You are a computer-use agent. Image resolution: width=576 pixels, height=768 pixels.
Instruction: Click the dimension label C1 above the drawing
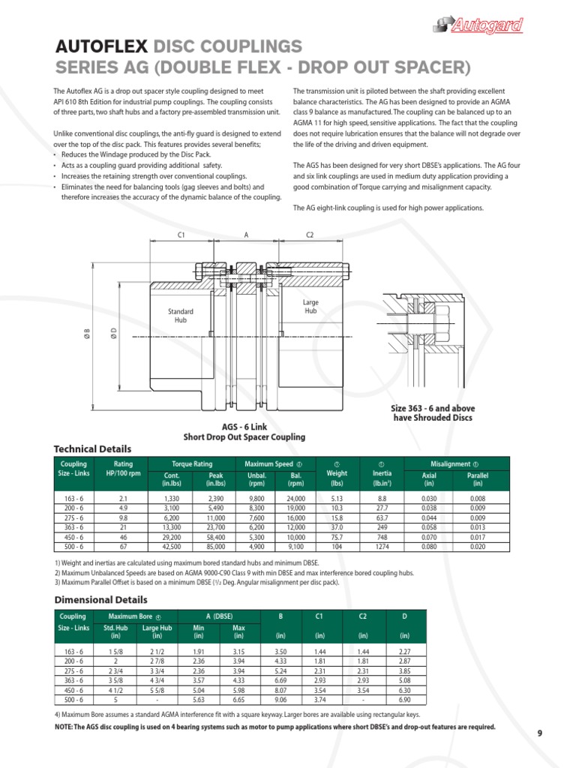(181, 235)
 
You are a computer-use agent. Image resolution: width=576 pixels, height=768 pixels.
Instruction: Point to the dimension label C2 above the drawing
(310, 235)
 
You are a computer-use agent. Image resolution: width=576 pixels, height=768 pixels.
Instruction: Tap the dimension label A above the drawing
(246, 235)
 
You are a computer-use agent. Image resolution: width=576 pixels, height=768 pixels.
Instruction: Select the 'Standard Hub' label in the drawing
(180, 315)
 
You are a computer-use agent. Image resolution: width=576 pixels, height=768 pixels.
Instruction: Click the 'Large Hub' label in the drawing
(310, 306)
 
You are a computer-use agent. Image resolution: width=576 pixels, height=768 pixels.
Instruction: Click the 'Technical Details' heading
(92, 448)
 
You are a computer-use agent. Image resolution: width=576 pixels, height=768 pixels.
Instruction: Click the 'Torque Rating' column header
(193, 464)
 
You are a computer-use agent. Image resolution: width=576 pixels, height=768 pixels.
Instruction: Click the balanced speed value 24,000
(295, 498)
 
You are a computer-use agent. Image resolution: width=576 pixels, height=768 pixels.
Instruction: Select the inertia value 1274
(382, 547)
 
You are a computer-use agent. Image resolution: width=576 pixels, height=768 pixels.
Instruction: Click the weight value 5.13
(337, 498)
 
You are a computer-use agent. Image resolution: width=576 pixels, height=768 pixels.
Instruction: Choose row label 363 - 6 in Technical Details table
(73, 527)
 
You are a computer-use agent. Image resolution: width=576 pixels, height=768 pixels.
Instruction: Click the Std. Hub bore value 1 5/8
(116, 652)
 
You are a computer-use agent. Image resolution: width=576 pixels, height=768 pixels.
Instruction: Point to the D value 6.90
(406, 700)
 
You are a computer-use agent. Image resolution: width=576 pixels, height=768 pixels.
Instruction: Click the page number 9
(539, 733)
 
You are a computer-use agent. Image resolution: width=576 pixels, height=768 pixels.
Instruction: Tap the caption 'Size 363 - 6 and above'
(433, 408)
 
